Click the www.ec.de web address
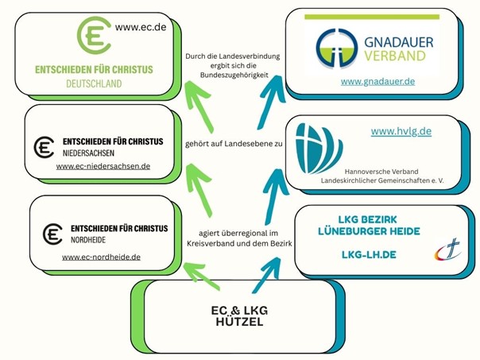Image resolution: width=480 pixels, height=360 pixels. tap(141, 27)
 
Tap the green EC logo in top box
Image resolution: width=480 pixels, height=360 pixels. tap(94, 36)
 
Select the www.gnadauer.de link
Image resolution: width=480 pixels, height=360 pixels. tap(377, 81)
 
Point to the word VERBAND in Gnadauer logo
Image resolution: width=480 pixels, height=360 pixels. tap(395, 56)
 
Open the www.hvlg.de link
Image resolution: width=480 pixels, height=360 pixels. tap(401, 131)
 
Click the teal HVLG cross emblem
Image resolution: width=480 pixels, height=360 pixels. tap(319, 148)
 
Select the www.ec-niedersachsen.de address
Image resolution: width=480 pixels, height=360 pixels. tap(103, 166)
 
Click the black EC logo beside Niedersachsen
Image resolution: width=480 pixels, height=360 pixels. tap(44, 146)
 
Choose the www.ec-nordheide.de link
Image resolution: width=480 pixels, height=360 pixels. tap(101, 257)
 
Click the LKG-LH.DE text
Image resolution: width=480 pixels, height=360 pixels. tap(369, 254)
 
